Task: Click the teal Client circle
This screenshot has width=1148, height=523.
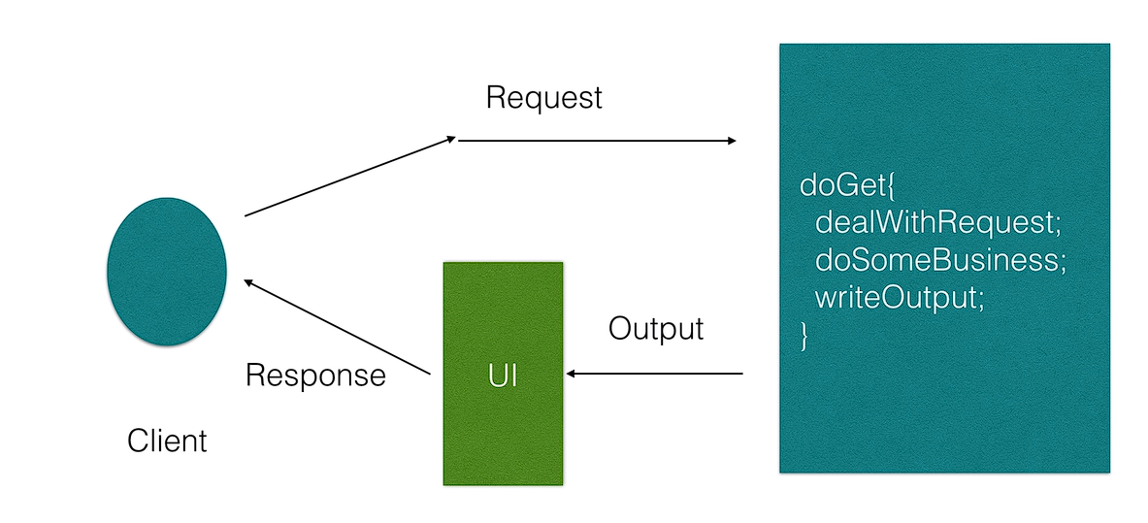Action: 167,271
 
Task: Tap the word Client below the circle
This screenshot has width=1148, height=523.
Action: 167,441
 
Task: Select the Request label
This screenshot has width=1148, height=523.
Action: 544,98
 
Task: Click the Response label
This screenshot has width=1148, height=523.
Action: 315,376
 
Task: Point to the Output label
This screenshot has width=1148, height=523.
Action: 656,330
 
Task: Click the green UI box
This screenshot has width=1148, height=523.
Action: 503,374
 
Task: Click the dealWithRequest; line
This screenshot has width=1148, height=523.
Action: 937,222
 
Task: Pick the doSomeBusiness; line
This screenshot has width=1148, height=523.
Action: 940,260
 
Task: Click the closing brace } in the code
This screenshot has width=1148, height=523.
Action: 804,336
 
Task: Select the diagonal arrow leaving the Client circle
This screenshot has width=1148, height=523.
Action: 350,177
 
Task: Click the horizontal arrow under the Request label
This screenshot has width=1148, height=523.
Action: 597,141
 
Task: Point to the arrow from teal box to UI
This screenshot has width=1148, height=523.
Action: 654,375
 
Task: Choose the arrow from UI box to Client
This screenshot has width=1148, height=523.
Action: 338,327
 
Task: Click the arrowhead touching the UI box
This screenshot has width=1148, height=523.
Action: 571,375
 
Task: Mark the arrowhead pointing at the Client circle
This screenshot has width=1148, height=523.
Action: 249,282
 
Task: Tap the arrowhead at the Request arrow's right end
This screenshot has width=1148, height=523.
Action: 732,141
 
